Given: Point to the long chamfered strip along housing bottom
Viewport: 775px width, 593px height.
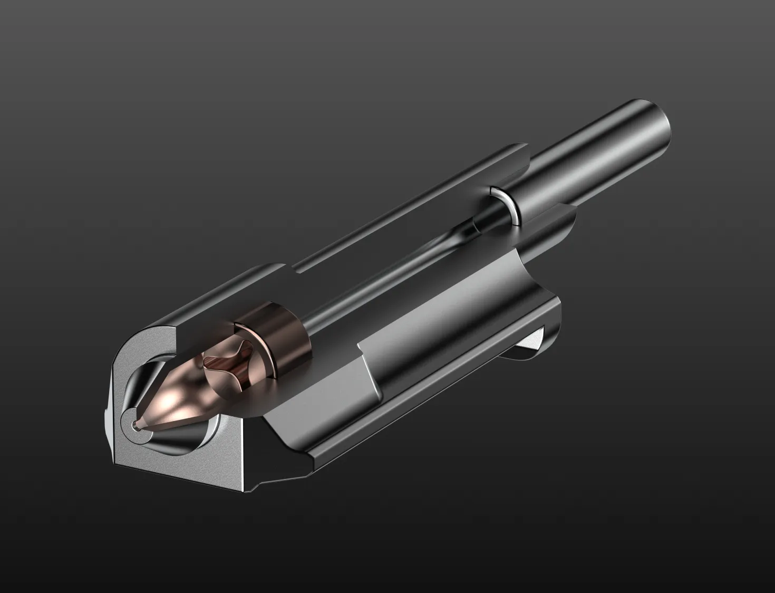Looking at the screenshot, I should click(x=422, y=422).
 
